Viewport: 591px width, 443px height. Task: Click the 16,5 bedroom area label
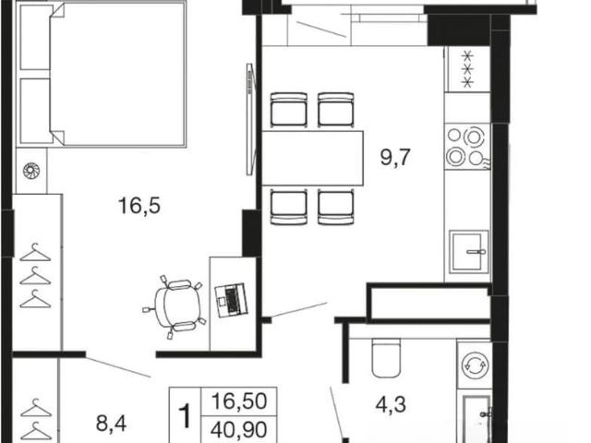[x=139, y=206]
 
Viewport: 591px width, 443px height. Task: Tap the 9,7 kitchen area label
[x=395, y=157]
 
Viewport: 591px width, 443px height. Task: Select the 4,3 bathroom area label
[x=391, y=404]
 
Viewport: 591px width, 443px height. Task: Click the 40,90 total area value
[x=239, y=429]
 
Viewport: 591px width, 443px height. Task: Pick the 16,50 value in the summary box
[x=239, y=401]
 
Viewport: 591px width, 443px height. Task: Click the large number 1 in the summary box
[x=186, y=416]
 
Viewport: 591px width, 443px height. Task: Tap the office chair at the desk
[x=175, y=305]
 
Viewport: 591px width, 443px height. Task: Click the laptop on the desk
[x=232, y=299]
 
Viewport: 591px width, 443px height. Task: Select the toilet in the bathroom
[x=386, y=358]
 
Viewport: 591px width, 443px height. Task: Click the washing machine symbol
[x=475, y=365]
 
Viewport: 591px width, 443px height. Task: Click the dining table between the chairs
[x=312, y=158]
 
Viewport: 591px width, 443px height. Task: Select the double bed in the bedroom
[x=102, y=74]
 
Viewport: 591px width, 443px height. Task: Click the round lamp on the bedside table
[x=31, y=171]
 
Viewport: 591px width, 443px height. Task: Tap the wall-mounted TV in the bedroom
[x=250, y=119]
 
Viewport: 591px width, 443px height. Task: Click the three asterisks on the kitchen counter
[x=467, y=69]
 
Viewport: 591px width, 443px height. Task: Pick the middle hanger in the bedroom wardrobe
[x=35, y=276]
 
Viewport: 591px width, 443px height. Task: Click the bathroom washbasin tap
[x=486, y=414]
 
